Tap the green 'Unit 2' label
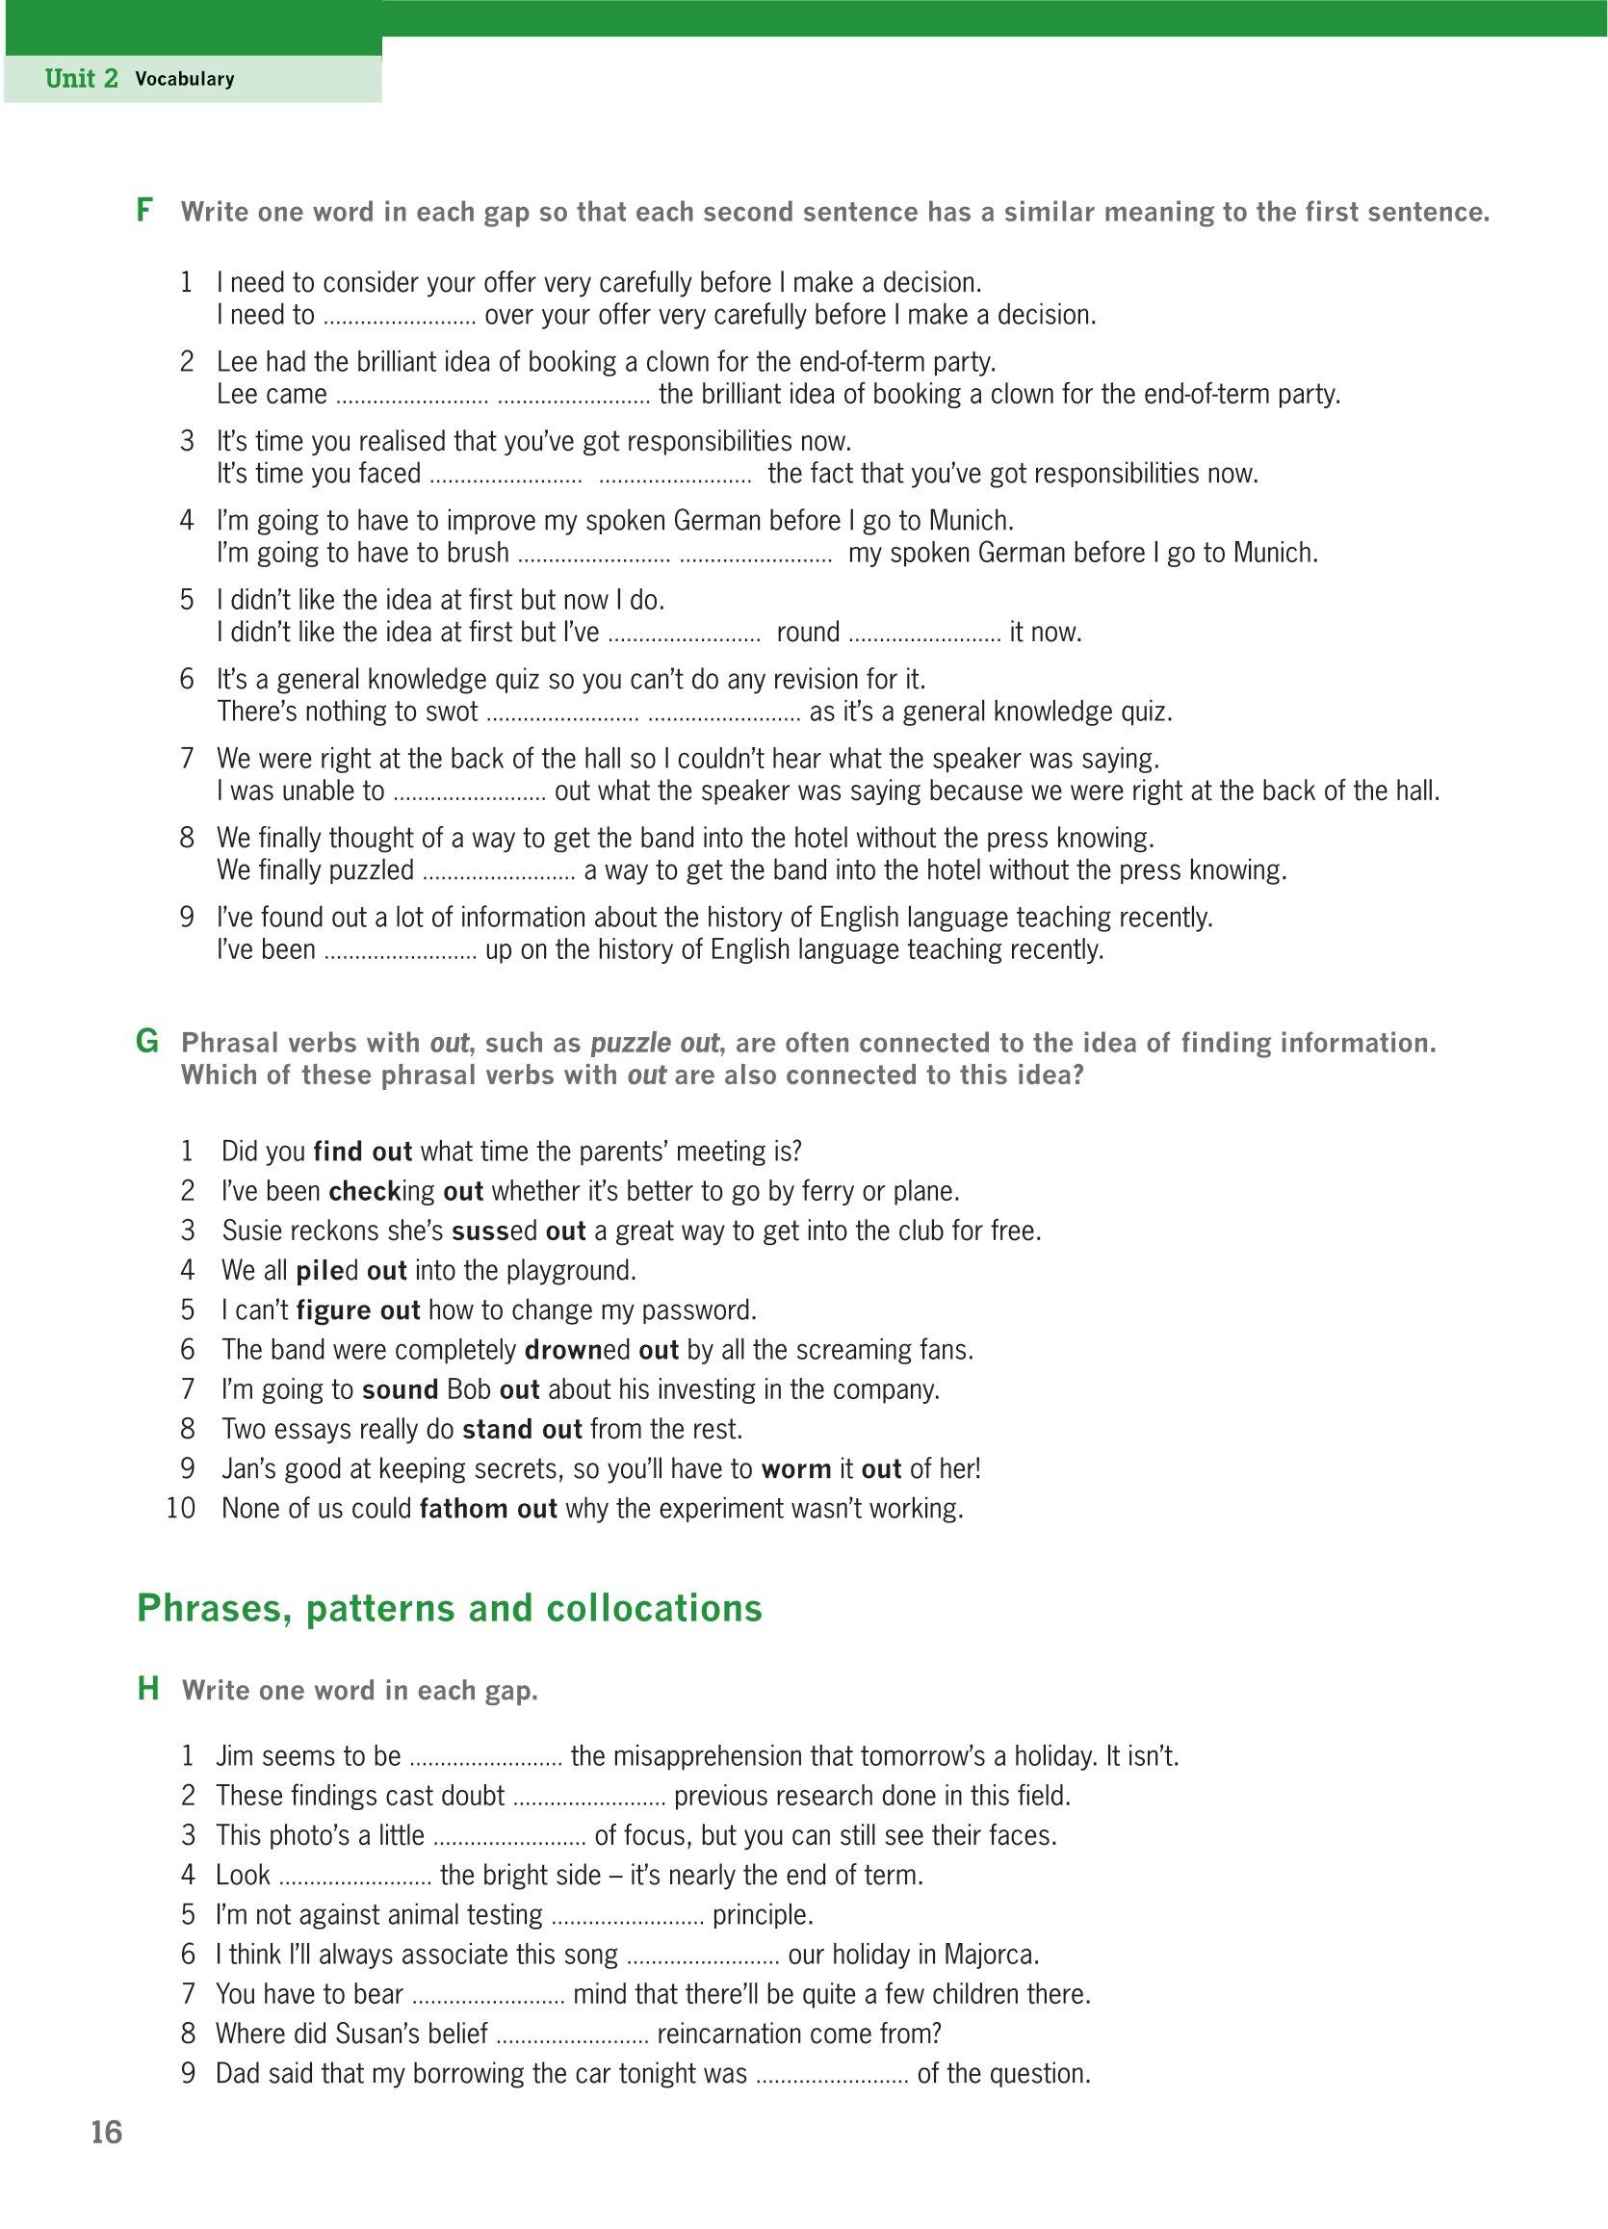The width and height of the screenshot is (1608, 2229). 82,79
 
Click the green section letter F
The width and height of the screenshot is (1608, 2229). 144,210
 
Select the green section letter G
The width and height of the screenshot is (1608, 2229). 146,1042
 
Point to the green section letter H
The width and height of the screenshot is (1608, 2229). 147,1690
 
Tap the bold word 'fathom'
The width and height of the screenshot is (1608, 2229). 454,1509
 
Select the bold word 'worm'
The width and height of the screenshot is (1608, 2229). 795,1468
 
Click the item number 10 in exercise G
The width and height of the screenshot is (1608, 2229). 182,1509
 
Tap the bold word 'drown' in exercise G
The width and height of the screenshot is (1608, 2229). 564,1349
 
